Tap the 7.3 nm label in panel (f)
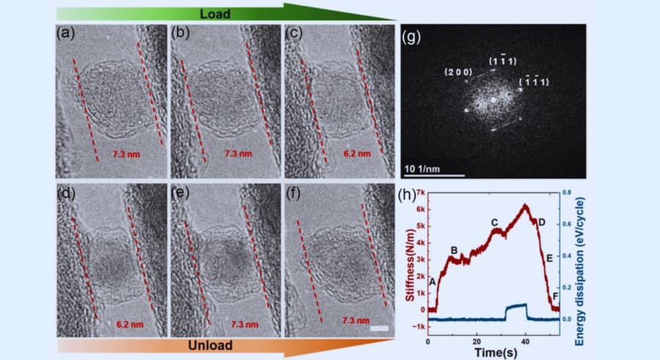(356, 321)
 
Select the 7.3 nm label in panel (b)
(240, 155)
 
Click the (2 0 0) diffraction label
(458, 73)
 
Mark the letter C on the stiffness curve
(494, 222)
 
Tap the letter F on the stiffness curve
(554, 296)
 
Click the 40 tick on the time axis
(525, 340)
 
